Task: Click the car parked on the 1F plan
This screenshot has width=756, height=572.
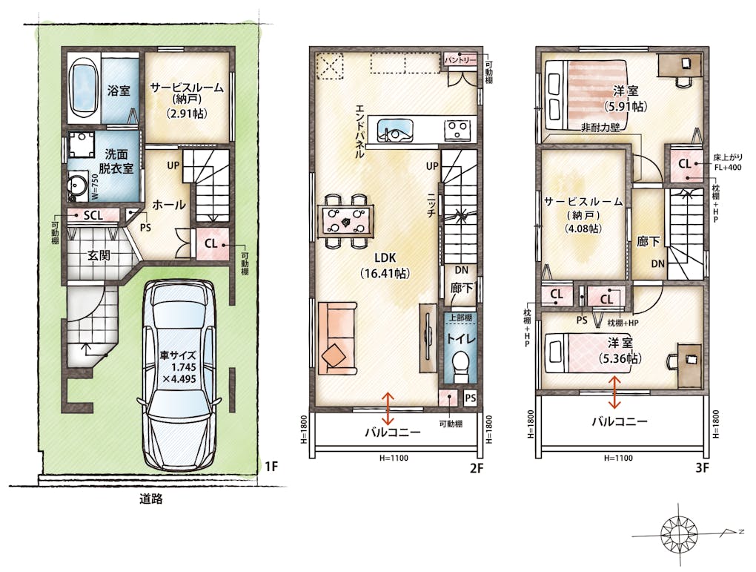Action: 179,375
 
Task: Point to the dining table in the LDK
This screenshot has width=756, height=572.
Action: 345,220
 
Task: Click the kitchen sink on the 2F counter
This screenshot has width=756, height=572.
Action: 395,129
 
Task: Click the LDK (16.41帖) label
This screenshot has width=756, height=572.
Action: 385,266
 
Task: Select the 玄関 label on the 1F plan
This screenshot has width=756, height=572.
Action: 99,255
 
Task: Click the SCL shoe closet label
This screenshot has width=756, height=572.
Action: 93,215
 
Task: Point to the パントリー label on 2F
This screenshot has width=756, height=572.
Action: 460,60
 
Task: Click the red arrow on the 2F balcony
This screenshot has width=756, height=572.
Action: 388,407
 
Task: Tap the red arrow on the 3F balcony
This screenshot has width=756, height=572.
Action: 614,392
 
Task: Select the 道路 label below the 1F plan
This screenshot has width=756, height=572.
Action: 151,499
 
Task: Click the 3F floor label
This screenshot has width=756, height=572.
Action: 701,467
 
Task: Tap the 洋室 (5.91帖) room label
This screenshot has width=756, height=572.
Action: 626,98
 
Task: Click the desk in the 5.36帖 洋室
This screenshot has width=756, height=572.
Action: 689,366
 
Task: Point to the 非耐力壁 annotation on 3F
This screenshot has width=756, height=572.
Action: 600,128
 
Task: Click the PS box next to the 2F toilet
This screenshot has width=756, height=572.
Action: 470,398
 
